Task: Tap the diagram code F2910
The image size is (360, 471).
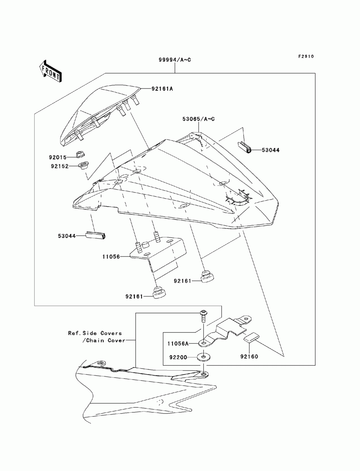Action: (306, 56)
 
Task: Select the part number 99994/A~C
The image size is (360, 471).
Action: (175, 60)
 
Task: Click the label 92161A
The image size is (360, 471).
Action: (162, 89)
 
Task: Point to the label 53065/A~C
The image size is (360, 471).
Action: (199, 119)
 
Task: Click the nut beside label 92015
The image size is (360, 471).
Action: (81, 154)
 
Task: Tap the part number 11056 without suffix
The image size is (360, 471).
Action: (111, 257)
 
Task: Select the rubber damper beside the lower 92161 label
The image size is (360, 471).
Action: (160, 293)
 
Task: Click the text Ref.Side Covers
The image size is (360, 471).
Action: (95, 333)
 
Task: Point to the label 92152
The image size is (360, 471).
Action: (60, 166)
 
